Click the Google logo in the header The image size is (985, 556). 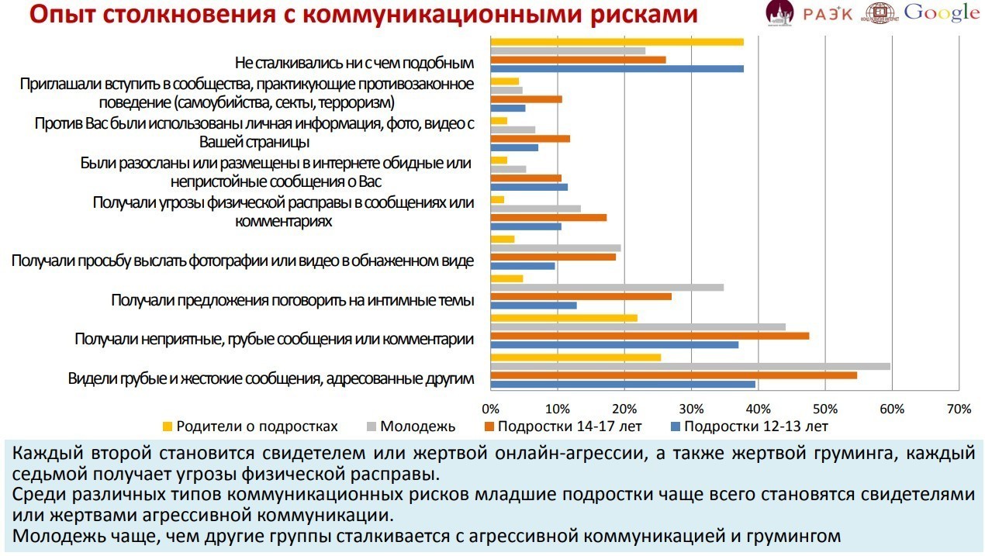click(942, 12)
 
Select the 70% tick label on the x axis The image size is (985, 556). click(959, 409)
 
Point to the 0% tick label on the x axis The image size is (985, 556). click(490, 409)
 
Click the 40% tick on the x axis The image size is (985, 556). click(758, 409)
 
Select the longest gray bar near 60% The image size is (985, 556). click(690, 366)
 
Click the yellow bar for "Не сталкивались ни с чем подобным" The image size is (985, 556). click(617, 42)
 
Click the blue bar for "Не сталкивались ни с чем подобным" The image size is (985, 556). click(617, 69)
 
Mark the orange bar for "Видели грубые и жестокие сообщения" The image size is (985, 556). click(673, 375)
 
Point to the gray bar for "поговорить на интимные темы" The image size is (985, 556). click(607, 288)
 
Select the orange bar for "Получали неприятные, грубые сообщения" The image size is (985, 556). click(649, 336)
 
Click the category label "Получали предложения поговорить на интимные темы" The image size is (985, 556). click(292, 300)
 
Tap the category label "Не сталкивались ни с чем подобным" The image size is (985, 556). click(354, 62)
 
